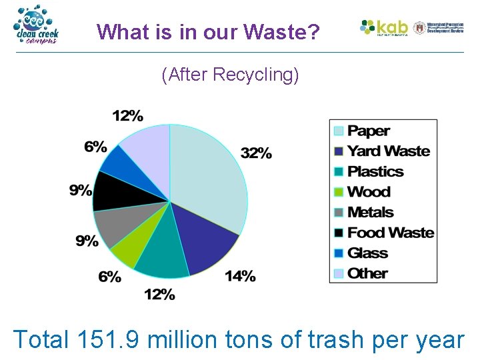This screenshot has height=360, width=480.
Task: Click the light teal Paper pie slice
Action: [x=210, y=173]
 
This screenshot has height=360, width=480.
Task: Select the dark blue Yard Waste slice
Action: [x=203, y=240]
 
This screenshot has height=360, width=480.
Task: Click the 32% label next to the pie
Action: [x=257, y=153]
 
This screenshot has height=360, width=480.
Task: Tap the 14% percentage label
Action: [x=240, y=276]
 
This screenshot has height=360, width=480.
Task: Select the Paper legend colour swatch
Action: [x=339, y=131]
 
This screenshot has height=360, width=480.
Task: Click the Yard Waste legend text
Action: [x=389, y=151]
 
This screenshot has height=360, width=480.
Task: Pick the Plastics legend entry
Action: [x=375, y=171]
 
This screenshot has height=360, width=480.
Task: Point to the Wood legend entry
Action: [x=369, y=192]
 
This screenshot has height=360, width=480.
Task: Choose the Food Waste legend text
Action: [x=391, y=233]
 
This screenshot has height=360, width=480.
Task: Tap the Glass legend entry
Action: [x=367, y=253]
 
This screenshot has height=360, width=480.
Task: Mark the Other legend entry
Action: [x=367, y=273]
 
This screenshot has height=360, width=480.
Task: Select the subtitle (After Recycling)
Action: [x=230, y=75]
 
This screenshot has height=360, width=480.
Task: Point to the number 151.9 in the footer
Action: [x=108, y=339]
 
